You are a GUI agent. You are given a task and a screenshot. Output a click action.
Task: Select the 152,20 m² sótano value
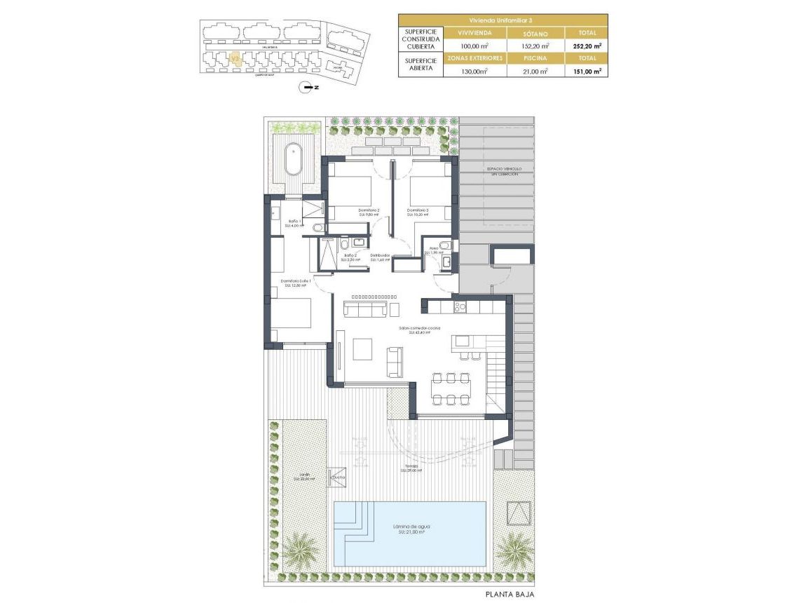(533, 46)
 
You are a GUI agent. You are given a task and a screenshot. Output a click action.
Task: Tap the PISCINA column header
(533, 58)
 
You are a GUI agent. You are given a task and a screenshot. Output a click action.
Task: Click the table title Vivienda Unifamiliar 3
(503, 20)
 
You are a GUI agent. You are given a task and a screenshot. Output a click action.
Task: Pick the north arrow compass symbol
(305, 88)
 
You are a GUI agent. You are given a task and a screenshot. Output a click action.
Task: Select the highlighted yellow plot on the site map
(236, 60)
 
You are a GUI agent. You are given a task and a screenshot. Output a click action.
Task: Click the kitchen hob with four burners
(460, 306)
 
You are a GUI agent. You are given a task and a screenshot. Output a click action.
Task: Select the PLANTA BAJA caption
(510, 594)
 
